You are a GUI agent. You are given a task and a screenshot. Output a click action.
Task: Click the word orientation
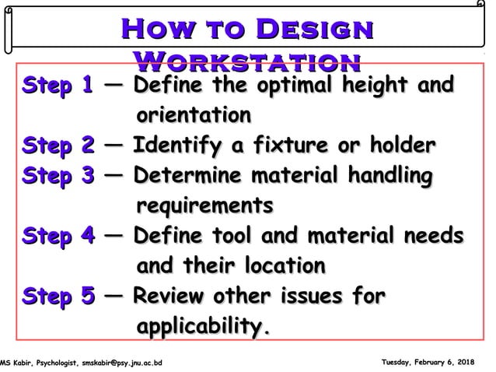(194, 116)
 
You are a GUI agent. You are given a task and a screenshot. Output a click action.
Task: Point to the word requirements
(204, 206)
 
